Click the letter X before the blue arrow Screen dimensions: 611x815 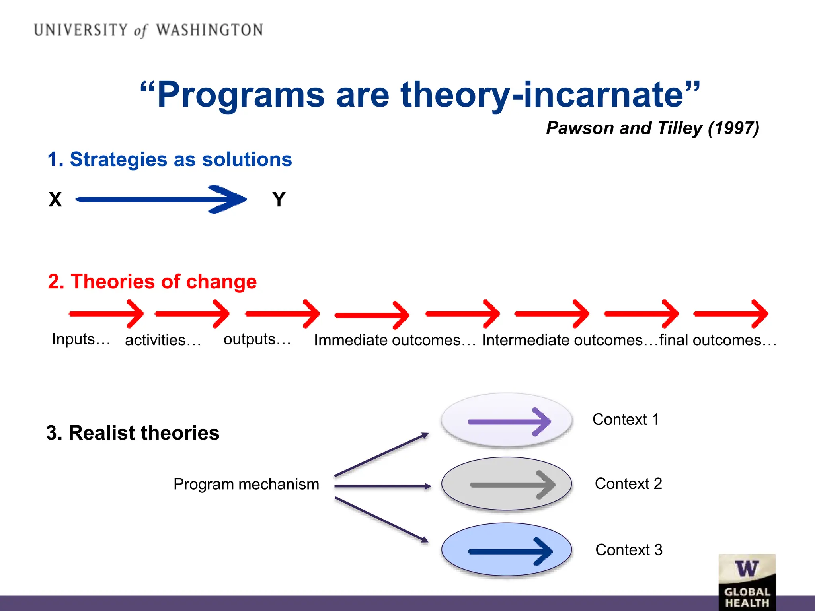click(55, 199)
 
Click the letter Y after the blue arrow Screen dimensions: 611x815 click(279, 199)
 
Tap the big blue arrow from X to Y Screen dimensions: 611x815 click(161, 199)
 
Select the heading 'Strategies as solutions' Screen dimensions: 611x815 click(170, 160)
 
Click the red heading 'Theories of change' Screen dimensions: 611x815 click(152, 282)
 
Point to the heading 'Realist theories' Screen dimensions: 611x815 click(133, 433)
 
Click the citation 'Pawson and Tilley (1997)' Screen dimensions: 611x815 click(653, 128)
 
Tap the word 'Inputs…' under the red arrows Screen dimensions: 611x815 click(81, 339)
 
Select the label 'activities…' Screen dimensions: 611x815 click(163, 340)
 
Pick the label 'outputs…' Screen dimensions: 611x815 click(257, 339)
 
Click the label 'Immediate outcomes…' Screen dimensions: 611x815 click(394, 340)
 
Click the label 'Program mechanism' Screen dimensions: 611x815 click(246, 485)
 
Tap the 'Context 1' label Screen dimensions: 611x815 click(626, 420)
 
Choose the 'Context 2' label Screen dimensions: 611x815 click(628, 484)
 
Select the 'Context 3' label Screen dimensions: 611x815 click(629, 550)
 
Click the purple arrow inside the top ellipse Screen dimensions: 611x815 click(509, 422)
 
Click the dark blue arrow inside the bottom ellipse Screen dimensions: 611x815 click(511, 551)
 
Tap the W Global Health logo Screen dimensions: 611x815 click(747, 582)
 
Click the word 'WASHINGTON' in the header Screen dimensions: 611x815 click(209, 30)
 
